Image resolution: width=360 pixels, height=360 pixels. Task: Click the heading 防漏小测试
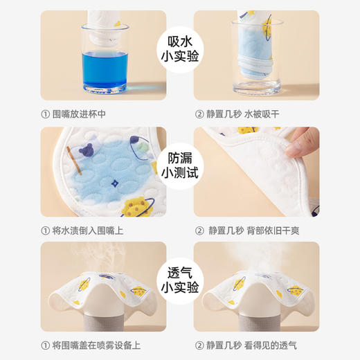coord(180,163)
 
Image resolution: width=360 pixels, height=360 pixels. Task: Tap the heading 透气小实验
coord(180,277)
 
